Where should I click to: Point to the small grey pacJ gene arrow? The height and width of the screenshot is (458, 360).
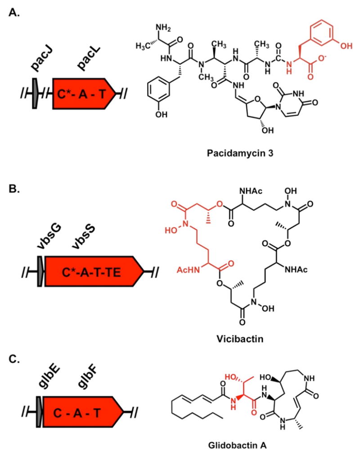[35, 93]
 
